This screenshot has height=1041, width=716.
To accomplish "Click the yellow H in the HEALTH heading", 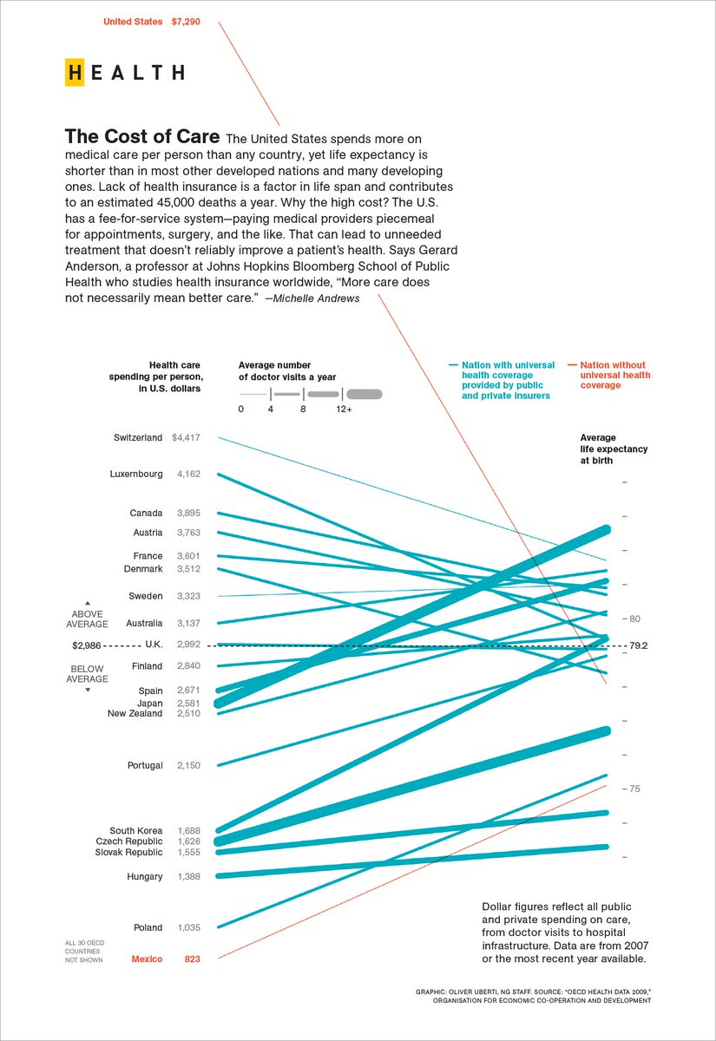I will pos(75,73).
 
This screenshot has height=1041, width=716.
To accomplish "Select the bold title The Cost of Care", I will pos(142,137).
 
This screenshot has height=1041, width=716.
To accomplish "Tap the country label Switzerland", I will pos(138,438).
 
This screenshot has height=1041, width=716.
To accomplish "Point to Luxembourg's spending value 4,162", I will pos(188,475).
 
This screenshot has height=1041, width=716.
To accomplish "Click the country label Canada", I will pos(146,513).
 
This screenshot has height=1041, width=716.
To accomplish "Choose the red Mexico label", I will pos(147,959).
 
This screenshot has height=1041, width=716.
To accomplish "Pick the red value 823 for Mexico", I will pos(192,959).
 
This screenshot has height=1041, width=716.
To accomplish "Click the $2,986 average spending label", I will pos(88,645).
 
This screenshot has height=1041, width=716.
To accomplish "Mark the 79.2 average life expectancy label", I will pos(639,645).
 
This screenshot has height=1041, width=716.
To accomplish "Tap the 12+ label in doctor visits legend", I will pos(345,409).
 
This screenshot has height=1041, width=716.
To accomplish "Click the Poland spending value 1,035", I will pos(188,927).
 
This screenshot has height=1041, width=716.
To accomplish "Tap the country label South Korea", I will pos(135,830).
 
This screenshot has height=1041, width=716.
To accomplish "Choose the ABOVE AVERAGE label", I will pos(87,619).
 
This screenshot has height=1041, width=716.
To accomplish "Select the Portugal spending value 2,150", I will pos(188,766).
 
